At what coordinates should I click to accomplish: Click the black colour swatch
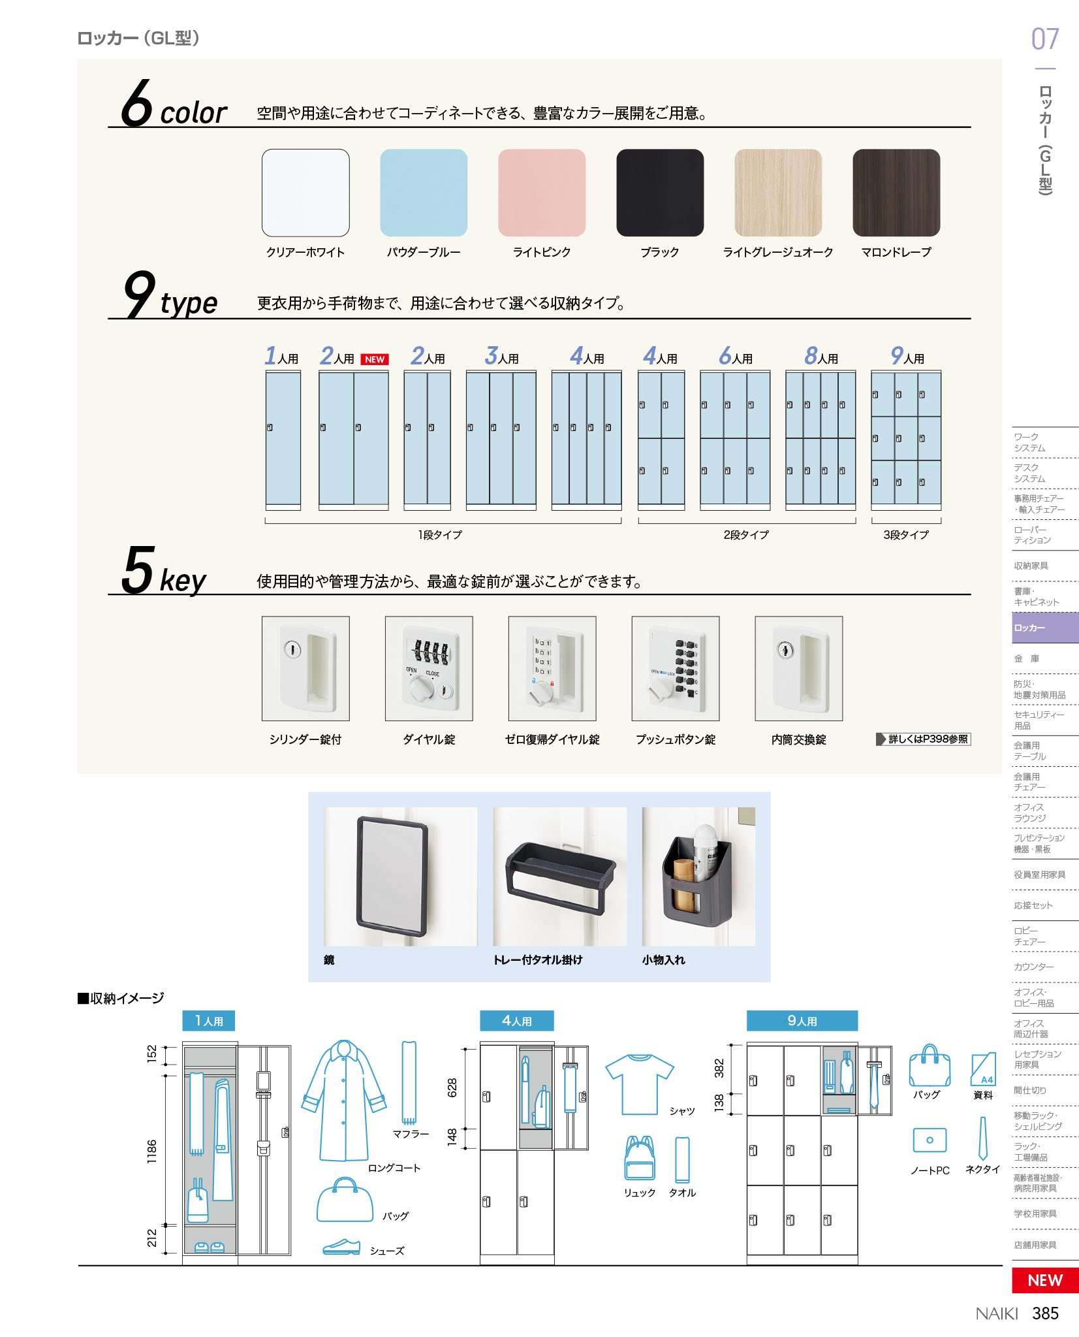pos(660,193)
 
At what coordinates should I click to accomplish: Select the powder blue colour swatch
pos(424,193)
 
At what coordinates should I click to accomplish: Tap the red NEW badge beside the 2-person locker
pos(375,359)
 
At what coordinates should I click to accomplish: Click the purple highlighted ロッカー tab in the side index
pos(1045,628)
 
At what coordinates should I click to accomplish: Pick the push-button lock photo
pos(676,668)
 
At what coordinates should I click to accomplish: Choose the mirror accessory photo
pos(401,877)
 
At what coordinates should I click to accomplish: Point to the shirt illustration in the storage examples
pos(639,1084)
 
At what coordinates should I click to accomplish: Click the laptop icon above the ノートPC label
pos(930,1140)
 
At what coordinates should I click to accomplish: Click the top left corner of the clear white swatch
pos(262,149)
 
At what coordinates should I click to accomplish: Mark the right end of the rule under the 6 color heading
pos(971,127)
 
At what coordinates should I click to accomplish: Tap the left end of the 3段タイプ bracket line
pos(872,523)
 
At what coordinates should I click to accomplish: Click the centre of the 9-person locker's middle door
pos(906,438)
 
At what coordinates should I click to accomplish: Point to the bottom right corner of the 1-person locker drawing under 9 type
pos(301,510)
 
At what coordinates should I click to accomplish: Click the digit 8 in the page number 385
pos(1045,1313)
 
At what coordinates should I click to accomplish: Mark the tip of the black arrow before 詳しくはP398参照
pos(886,739)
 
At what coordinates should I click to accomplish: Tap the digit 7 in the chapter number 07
pos(1052,39)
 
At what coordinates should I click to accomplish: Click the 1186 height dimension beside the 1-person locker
pos(151,1152)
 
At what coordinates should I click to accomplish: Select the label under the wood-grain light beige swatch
pos(778,252)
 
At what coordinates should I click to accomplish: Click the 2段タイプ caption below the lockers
pos(746,535)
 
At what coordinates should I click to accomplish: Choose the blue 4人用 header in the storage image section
pos(517,1021)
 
